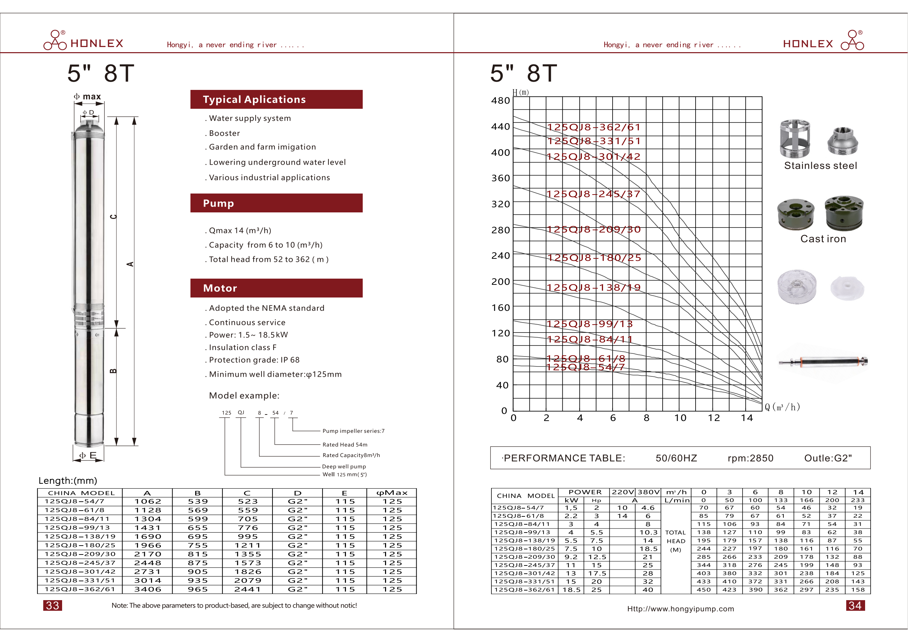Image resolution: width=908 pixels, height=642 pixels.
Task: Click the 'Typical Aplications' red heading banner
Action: coord(276,99)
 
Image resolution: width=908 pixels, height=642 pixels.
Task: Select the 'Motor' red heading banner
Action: coord(276,288)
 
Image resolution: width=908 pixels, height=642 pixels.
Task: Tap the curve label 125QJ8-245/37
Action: coord(593,194)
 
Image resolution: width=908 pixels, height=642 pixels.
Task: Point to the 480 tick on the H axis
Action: coord(500,101)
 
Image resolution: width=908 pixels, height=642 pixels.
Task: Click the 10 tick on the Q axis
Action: coord(680,418)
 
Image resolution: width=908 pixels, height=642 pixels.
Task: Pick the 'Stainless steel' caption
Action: coord(820,166)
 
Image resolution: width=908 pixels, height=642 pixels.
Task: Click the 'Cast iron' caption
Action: coord(823,239)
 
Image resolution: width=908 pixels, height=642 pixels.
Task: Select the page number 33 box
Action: coord(53,605)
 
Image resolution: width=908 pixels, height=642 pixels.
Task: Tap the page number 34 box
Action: coord(855,605)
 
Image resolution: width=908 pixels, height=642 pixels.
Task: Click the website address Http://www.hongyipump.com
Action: coord(680,609)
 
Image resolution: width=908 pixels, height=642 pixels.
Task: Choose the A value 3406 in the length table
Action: coord(148,590)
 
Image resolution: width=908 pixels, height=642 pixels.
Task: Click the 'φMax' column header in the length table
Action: coord(392,493)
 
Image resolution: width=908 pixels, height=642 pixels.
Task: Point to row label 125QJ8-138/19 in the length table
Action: coord(80,536)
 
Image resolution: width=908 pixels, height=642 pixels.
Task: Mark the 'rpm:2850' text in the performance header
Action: coord(750,458)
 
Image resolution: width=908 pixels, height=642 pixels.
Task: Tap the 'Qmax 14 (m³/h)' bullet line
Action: coord(240,231)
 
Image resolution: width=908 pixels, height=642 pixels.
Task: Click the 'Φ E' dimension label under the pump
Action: coord(88,455)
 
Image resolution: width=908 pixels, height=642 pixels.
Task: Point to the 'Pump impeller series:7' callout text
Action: coord(353,431)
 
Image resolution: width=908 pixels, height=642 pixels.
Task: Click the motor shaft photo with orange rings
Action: coord(823,361)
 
